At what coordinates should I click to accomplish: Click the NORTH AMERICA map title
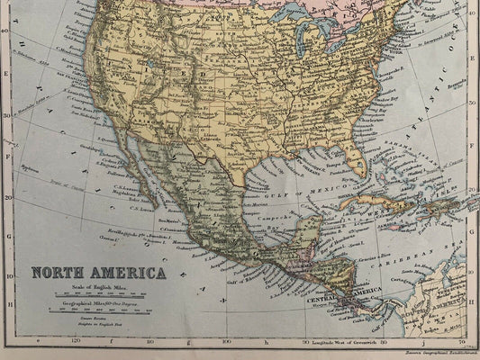(99, 273)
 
